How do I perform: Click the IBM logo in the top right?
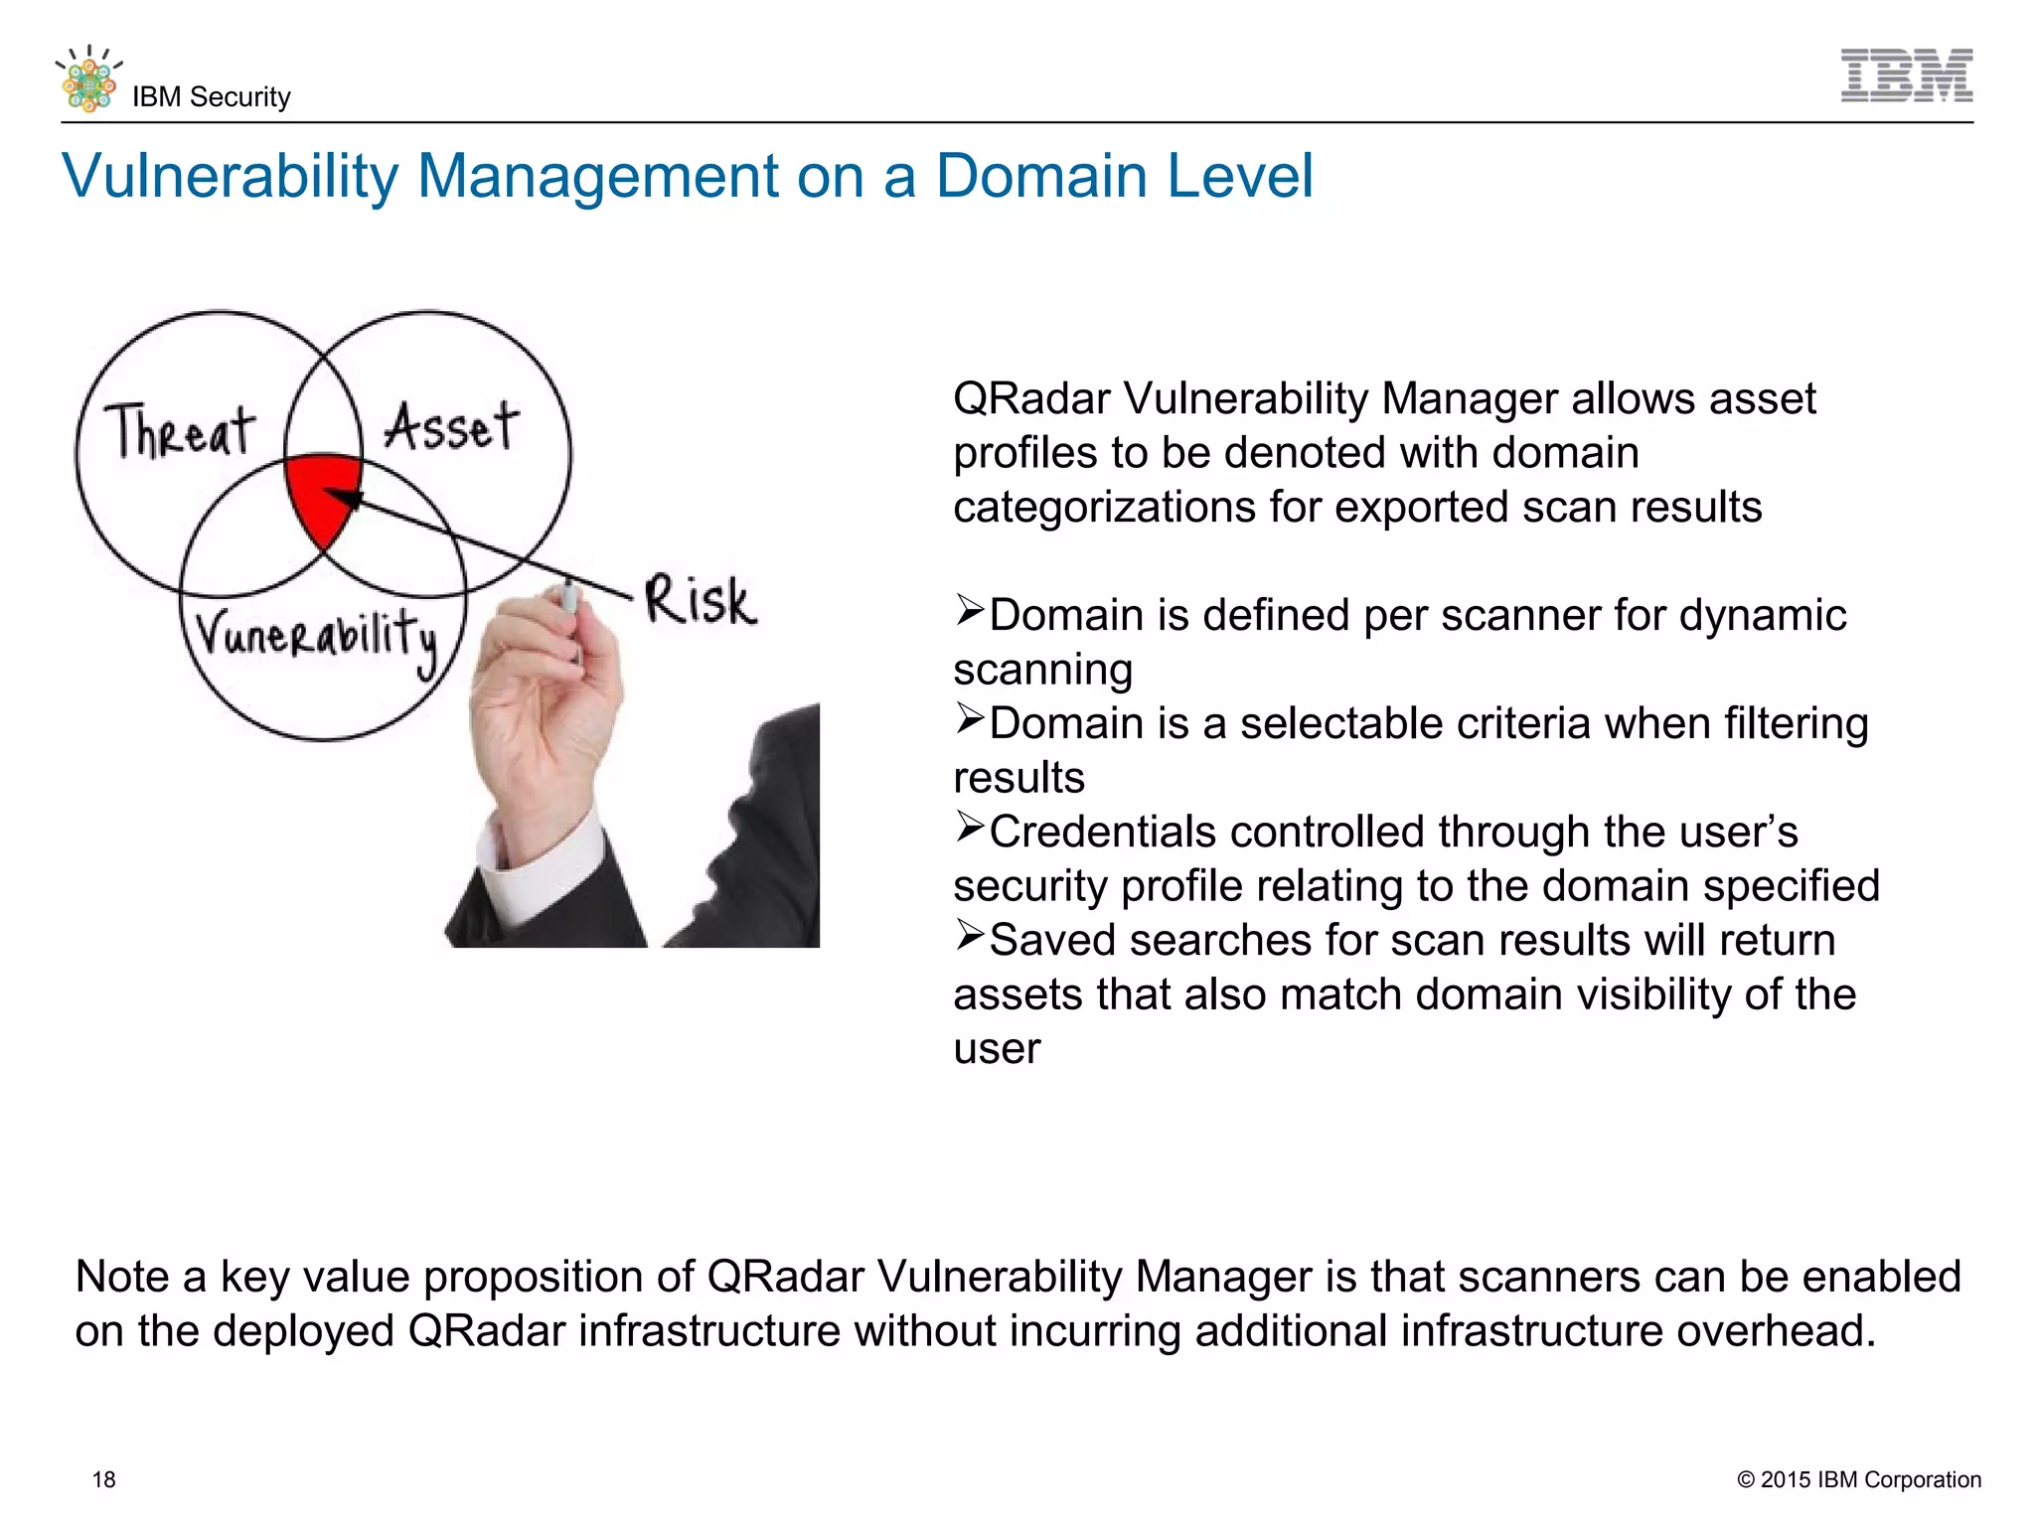click(1906, 76)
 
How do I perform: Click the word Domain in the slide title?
click(1040, 177)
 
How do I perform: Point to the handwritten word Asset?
click(451, 427)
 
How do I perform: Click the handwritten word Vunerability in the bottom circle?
click(316, 636)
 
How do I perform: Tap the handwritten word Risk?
click(700, 601)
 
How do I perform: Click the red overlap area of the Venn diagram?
click(318, 492)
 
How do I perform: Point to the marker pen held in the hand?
click(570, 606)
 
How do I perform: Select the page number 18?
click(103, 1479)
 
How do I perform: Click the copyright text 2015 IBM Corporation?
click(1858, 1479)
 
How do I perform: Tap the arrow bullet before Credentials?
click(970, 827)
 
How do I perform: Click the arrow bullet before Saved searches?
click(970, 935)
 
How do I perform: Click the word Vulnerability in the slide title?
click(230, 177)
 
